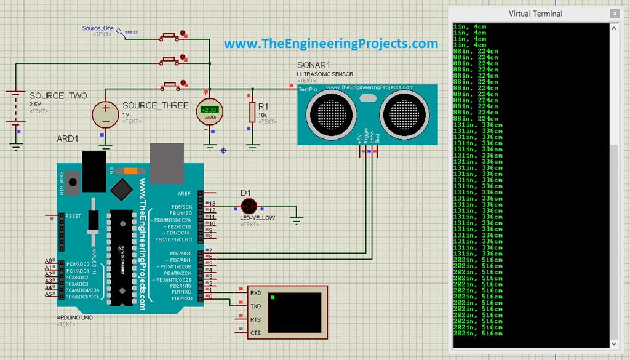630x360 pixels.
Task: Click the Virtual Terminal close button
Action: pyautogui.click(x=614, y=13)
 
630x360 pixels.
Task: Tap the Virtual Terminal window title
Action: pyautogui.click(x=535, y=13)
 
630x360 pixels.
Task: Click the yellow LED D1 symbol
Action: pyautogui.click(x=249, y=206)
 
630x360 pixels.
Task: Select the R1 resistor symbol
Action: pyautogui.click(x=252, y=112)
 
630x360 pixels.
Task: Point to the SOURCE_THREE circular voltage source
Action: pyautogui.click(x=105, y=113)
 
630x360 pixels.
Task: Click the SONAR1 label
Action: pyautogui.click(x=314, y=65)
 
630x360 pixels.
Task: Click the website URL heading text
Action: pyautogui.click(x=330, y=44)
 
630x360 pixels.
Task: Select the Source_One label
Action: pyautogui.click(x=98, y=28)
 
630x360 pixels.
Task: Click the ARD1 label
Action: pyautogui.click(x=68, y=138)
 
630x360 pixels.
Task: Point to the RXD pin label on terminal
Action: pyautogui.click(x=256, y=293)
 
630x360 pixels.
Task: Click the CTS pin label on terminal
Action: pyautogui.click(x=256, y=333)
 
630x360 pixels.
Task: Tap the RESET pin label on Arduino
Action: pyautogui.click(x=73, y=216)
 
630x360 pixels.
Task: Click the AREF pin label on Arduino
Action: pyautogui.click(x=184, y=193)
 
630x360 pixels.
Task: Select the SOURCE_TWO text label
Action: pyautogui.click(x=58, y=96)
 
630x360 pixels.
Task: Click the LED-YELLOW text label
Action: pyautogui.click(x=257, y=218)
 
